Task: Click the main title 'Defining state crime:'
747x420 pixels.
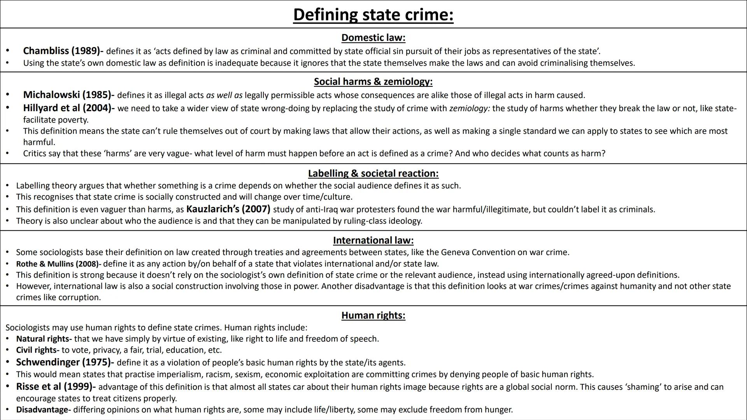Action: click(373, 15)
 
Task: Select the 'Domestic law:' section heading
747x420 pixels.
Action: click(373, 38)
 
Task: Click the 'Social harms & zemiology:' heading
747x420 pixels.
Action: click(373, 82)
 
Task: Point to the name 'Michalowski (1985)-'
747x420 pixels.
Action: click(68, 95)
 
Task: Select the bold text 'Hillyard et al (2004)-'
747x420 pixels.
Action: click(68, 108)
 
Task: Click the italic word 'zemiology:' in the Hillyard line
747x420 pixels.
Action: click(469, 108)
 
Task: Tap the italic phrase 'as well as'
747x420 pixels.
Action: click(224, 95)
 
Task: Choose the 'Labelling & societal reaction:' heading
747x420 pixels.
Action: click(373, 173)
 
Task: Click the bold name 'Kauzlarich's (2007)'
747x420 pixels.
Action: click(228, 209)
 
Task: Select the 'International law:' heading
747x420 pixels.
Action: click(373, 240)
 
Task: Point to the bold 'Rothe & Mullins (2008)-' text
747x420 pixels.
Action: click(58, 264)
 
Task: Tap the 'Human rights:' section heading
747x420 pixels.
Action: click(373, 315)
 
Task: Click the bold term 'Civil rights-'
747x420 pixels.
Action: click(37, 350)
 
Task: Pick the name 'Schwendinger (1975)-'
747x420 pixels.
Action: click(65, 362)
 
